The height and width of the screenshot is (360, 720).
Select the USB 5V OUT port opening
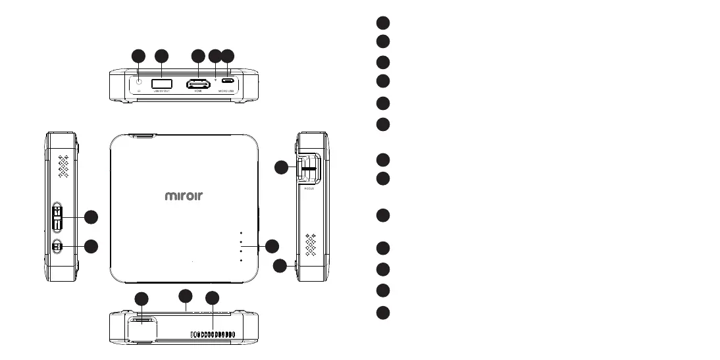[x=161, y=84]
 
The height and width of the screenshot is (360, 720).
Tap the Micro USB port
[x=227, y=83]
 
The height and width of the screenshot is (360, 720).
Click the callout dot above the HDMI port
[x=198, y=57]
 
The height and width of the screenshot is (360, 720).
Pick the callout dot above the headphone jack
[x=138, y=57]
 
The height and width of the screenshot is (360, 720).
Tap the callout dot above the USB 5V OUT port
[x=161, y=57]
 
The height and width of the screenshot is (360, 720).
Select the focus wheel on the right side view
[x=307, y=168]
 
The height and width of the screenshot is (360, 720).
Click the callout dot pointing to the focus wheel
[x=281, y=167]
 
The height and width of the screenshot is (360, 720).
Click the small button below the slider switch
[x=57, y=247]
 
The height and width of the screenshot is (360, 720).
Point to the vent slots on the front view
[x=213, y=335]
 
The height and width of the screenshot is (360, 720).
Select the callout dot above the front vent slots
[x=212, y=298]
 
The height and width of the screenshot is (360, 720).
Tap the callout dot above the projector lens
[x=141, y=299]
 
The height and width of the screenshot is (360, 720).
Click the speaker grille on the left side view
[x=64, y=168]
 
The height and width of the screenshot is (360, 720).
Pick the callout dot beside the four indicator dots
[x=272, y=246]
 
